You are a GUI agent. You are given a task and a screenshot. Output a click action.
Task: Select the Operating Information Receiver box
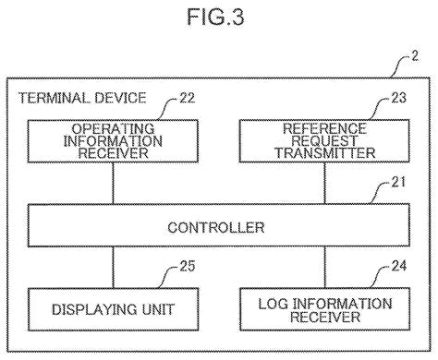point(113,141)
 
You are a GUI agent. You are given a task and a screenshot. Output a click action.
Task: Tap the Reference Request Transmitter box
point(324,141)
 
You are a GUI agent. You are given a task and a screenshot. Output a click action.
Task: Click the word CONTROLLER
point(219,226)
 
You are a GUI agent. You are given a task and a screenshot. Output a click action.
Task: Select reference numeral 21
point(397,193)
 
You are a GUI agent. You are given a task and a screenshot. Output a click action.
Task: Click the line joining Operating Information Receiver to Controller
point(113,183)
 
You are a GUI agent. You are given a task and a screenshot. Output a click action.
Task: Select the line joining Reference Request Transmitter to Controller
point(324,183)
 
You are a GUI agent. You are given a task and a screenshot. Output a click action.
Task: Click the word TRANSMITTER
point(324,153)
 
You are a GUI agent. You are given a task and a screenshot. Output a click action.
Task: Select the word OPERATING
point(113,129)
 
